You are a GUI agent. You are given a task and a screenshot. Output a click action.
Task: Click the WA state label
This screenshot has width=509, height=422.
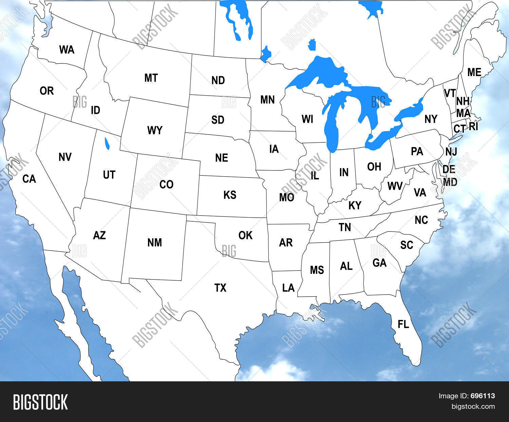[x=67, y=50]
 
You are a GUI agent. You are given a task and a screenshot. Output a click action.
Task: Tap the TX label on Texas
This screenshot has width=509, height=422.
[x=220, y=288]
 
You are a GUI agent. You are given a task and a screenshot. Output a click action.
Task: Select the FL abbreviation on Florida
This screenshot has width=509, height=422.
[x=403, y=324]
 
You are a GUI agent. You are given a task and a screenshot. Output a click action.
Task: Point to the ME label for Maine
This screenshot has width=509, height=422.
[x=474, y=72]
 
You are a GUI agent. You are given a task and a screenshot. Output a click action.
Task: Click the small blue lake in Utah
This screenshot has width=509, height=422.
[x=107, y=143]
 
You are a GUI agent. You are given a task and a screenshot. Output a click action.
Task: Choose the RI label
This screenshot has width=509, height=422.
[x=473, y=126]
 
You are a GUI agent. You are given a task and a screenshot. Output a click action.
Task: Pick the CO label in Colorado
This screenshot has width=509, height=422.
[x=166, y=184]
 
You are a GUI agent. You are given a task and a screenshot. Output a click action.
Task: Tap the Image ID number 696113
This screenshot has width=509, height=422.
[x=483, y=396]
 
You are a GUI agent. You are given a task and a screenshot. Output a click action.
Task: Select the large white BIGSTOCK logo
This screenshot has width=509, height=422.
[x=40, y=402]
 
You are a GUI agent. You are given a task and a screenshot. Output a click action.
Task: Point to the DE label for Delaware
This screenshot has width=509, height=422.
[x=449, y=169]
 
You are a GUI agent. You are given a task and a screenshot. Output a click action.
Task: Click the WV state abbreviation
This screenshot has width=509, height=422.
[x=395, y=186]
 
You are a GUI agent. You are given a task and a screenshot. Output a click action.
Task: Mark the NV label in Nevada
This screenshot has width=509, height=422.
[x=65, y=157]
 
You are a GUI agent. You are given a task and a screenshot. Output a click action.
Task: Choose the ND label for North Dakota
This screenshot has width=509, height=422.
[x=218, y=80]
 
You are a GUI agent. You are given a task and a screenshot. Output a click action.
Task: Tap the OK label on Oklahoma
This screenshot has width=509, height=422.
[x=245, y=235]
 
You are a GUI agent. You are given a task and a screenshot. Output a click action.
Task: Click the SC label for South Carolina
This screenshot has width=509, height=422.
[x=407, y=245]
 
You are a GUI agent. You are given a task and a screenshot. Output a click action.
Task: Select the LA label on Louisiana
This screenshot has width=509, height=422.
[x=288, y=288]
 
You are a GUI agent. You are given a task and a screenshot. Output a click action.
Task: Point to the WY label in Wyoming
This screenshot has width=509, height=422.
[x=155, y=130]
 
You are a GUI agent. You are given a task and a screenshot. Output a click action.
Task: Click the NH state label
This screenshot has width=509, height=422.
[x=463, y=101]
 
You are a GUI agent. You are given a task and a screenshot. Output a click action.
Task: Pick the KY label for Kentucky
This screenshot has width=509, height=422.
[x=355, y=205]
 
